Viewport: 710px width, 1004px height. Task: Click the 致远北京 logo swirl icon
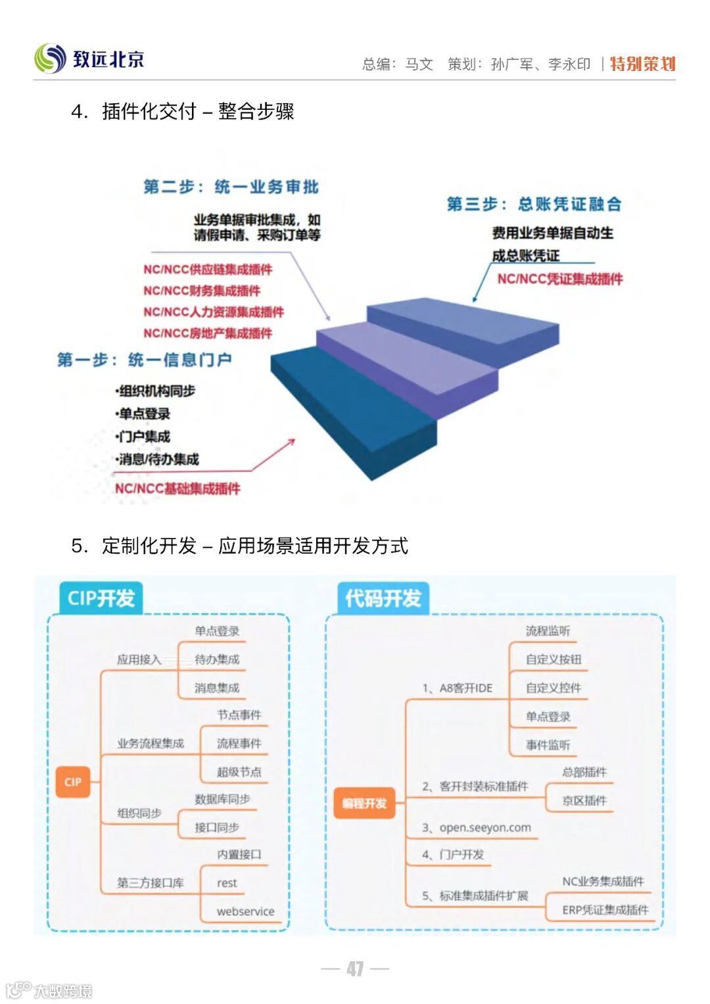click(50, 59)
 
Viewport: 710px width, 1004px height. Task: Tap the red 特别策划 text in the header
click(642, 64)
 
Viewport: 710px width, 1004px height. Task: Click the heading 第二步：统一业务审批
click(231, 187)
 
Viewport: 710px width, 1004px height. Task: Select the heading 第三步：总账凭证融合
click(534, 204)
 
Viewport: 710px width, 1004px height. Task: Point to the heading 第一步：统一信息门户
click(144, 360)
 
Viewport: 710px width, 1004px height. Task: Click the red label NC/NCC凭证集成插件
click(559, 279)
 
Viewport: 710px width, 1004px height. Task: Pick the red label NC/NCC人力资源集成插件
click(214, 312)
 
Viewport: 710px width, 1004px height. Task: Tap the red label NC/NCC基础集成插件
click(177, 488)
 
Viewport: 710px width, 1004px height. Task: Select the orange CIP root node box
click(73, 782)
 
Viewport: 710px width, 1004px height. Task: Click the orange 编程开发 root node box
click(364, 803)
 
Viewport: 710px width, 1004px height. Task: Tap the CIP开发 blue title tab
click(101, 598)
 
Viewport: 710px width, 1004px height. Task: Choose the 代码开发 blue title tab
click(383, 598)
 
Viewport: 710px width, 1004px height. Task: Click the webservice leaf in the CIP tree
click(245, 911)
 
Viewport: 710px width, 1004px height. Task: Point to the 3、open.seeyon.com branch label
click(477, 827)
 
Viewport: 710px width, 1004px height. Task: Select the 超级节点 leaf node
click(239, 772)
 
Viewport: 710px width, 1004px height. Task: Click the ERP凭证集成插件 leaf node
click(605, 910)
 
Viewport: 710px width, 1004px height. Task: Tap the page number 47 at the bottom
click(355, 968)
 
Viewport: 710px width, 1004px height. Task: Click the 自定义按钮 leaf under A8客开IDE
click(553, 659)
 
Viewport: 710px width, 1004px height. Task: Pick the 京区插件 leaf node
click(584, 800)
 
